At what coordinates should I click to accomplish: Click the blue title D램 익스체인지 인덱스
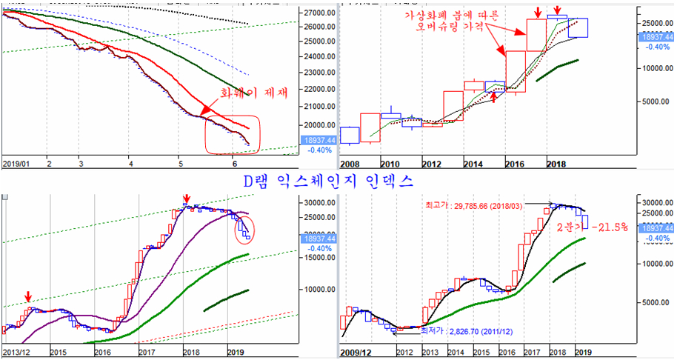point(330,181)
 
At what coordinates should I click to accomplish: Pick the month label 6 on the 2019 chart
point(234,162)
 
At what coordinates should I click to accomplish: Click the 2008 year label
point(350,162)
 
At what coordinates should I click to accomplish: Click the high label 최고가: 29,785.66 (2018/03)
point(484,204)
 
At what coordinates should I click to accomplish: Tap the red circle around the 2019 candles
point(244,229)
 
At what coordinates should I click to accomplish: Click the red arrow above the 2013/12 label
point(28,296)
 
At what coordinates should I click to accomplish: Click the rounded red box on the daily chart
point(234,134)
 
